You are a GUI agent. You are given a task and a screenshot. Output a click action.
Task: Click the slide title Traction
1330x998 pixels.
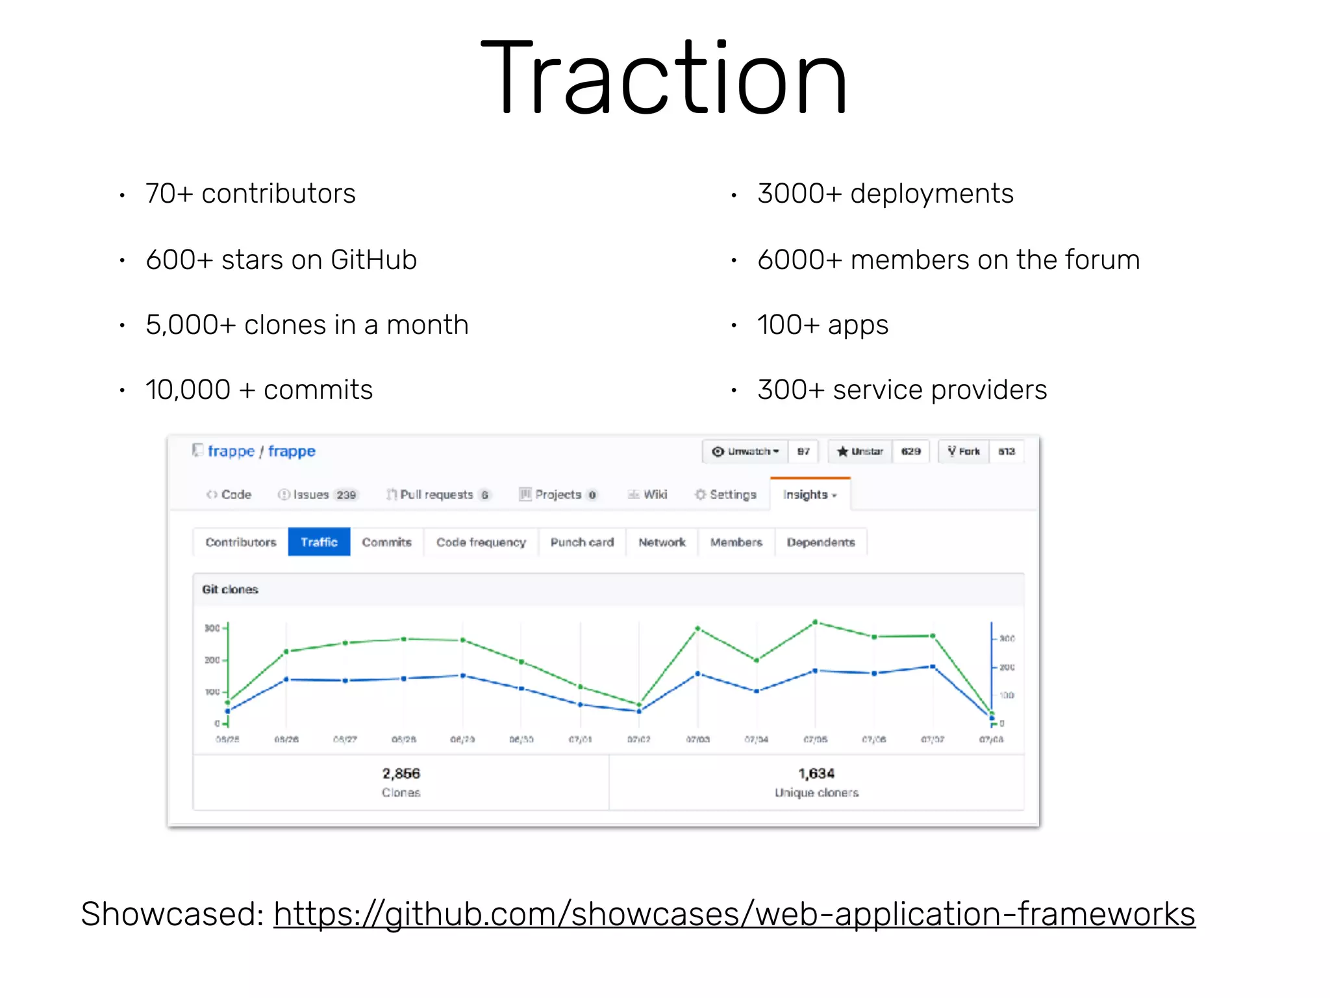tap(664, 78)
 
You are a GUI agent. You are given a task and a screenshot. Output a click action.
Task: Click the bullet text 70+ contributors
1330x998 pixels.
tap(251, 194)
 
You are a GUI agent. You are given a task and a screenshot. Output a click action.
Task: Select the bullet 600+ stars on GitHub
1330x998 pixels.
tap(281, 260)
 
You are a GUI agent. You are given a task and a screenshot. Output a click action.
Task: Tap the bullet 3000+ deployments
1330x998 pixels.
tap(885, 194)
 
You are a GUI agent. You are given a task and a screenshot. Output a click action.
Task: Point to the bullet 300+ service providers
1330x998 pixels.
tap(902, 390)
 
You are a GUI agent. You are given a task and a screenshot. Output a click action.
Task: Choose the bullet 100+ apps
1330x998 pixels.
tap(823, 325)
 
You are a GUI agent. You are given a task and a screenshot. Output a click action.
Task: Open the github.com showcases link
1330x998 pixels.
tap(734, 914)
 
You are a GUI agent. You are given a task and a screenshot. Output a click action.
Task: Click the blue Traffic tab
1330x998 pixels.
tap(319, 542)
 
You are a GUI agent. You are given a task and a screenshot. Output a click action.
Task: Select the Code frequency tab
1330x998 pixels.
tap(481, 542)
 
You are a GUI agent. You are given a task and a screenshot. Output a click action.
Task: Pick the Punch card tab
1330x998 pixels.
tap(582, 542)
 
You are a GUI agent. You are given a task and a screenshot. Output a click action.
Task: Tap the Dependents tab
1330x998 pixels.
tap(821, 542)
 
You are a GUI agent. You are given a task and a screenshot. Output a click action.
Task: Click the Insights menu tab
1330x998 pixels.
tap(809, 495)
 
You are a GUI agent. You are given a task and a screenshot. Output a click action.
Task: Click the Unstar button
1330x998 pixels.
tap(860, 451)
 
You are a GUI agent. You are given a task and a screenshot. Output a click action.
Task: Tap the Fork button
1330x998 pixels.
tap(964, 451)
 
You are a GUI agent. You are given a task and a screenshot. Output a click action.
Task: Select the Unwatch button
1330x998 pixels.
tap(746, 451)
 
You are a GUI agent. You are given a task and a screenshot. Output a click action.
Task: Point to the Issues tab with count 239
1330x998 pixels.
tap(318, 495)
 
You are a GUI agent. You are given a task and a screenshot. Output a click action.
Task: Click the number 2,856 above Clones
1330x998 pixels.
tap(401, 773)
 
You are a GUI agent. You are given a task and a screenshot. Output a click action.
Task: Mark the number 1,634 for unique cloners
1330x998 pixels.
tap(816, 773)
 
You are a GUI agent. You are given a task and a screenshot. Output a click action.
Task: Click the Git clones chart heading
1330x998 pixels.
tap(230, 589)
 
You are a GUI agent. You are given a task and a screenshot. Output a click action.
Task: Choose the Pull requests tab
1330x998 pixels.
tap(437, 495)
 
